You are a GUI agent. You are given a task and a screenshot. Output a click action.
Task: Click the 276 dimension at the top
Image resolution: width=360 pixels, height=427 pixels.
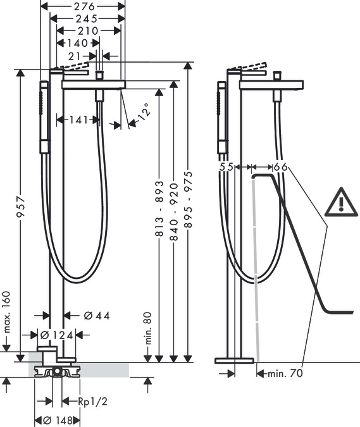tap(84, 6)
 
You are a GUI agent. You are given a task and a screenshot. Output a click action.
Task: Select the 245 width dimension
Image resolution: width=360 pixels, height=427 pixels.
tap(87, 18)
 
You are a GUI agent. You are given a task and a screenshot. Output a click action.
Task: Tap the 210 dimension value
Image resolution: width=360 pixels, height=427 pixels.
tap(88, 31)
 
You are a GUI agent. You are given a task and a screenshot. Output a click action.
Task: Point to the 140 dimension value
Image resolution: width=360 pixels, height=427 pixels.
tap(78, 43)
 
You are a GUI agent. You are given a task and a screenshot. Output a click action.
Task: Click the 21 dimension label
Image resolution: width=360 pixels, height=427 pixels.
tap(75, 56)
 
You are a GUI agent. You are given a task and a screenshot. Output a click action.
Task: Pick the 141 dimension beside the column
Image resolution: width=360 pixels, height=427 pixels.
tap(78, 120)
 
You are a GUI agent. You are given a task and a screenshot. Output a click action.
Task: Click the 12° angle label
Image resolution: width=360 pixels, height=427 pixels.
tap(144, 111)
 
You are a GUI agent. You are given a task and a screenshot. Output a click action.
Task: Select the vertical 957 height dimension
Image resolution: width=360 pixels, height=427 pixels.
tap(21, 207)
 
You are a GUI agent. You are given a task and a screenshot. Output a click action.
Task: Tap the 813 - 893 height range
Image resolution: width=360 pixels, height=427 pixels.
tap(159, 208)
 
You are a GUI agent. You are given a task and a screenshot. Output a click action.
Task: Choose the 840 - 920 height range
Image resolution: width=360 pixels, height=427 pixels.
tap(174, 212)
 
